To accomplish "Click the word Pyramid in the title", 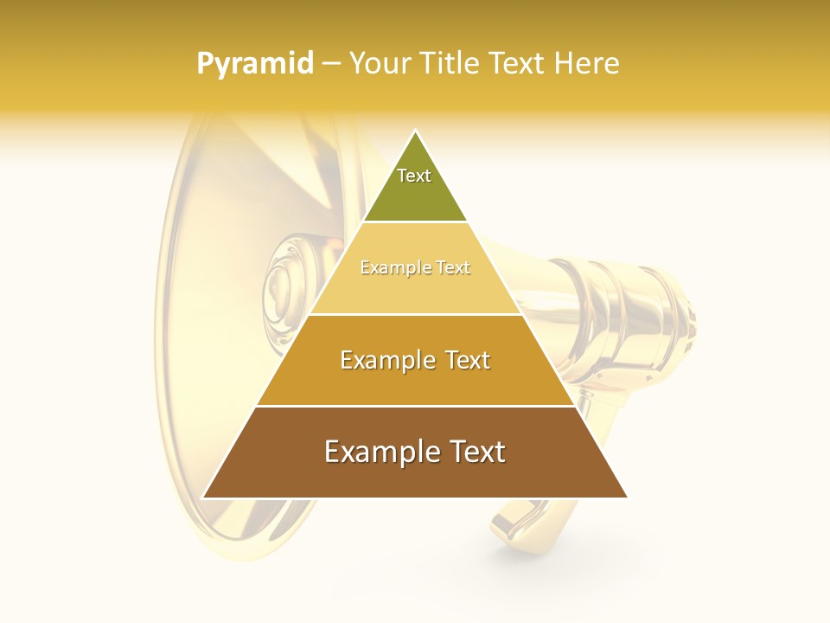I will pyautogui.click(x=254, y=64).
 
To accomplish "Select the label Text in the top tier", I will pyautogui.click(x=414, y=176).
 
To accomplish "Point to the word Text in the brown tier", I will pyautogui.click(x=478, y=452).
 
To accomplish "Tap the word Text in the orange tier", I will pyautogui.click(x=468, y=360).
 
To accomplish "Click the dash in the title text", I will pyautogui.click(x=331, y=64).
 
